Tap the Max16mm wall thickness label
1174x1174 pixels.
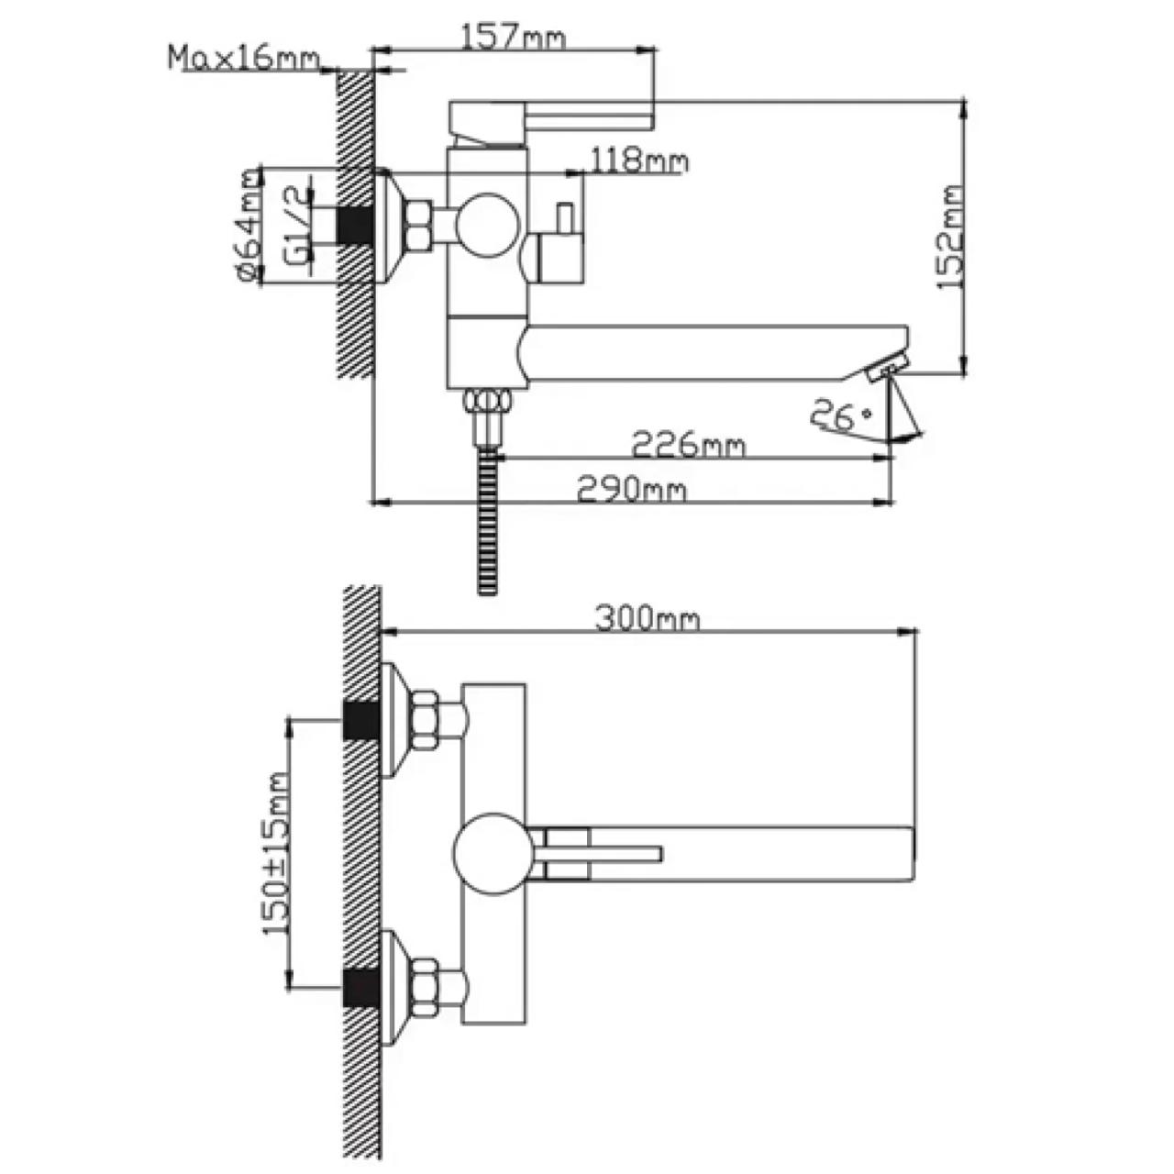245,58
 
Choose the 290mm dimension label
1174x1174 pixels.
631,490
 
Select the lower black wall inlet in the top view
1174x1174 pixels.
361,987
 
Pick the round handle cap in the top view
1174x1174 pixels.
492,851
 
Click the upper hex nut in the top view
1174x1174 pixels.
426,720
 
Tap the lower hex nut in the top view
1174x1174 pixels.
426,987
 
